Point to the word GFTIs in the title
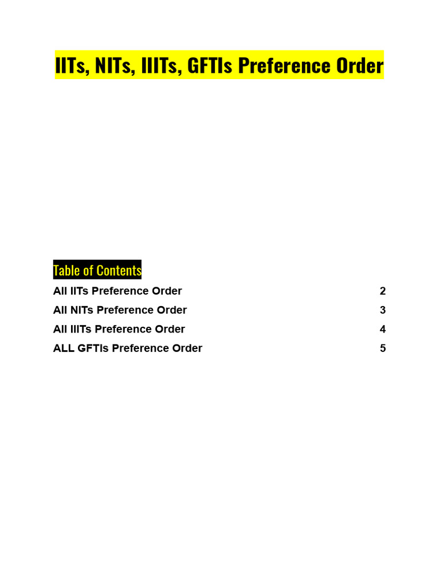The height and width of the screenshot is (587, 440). (x=210, y=65)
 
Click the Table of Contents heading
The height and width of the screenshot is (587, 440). (x=97, y=270)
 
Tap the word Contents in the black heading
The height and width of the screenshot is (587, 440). (x=119, y=270)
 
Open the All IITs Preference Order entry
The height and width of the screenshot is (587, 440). (x=117, y=291)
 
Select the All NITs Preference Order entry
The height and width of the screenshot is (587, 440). (x=120, y=310)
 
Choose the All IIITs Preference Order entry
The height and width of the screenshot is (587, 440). (x=119, y=329)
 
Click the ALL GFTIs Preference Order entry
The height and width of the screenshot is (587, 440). (x=128, y=348)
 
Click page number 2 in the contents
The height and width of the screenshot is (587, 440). (x=383, y=291)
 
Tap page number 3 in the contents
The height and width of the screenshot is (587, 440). (x=383, y=310)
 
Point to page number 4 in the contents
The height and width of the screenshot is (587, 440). (x=383, y=329)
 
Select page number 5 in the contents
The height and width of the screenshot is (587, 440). (x=383, y=348)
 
